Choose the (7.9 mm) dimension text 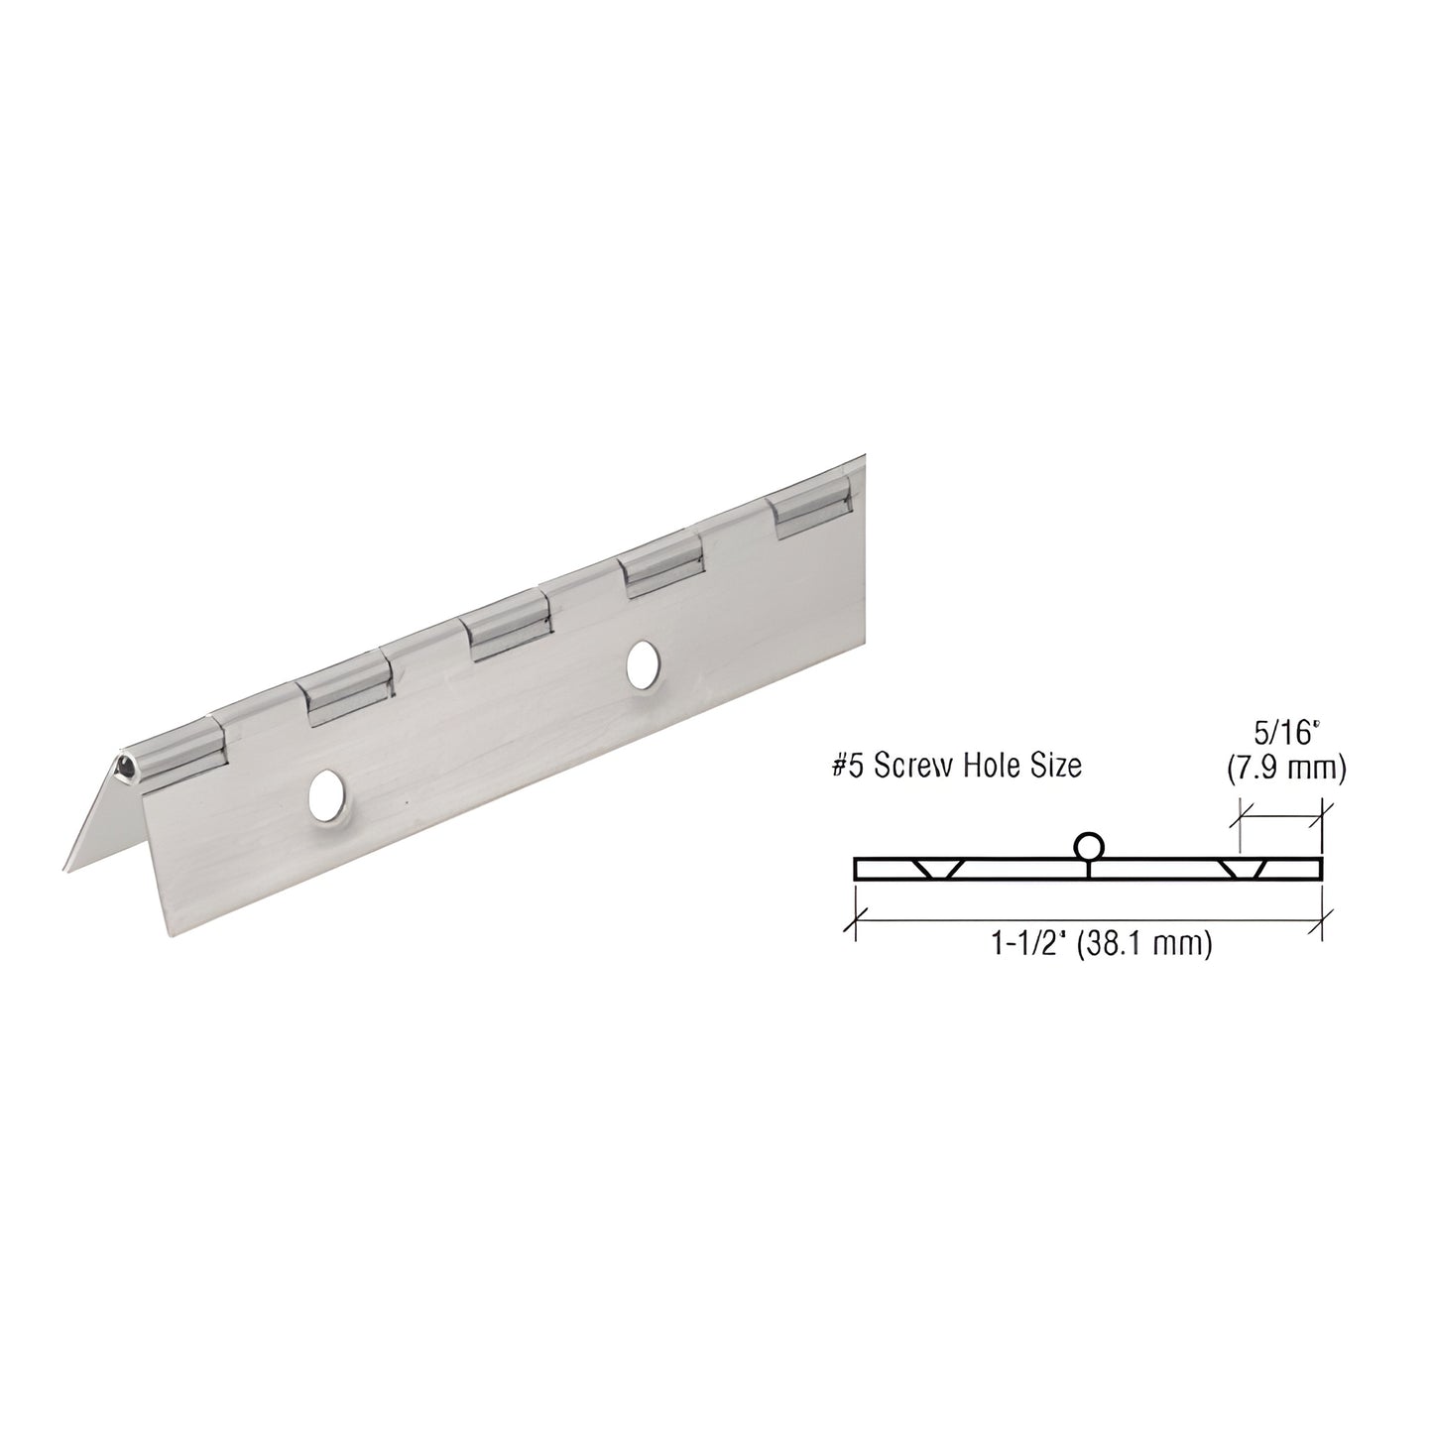[1286, 770]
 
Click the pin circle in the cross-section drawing [1088, 846]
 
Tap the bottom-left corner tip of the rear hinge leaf [65, 871]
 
